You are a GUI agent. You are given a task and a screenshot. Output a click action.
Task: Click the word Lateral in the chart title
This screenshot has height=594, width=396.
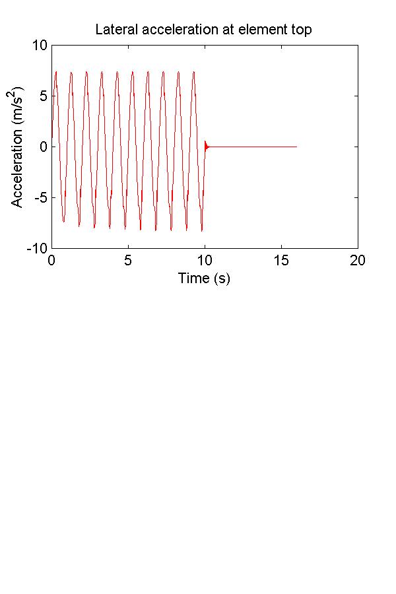114,30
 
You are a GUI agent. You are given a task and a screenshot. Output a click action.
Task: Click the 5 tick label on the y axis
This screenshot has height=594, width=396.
43,96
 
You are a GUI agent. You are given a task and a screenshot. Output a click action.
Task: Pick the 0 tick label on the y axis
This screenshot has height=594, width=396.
43,147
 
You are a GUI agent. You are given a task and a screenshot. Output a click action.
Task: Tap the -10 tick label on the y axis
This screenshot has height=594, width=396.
38,249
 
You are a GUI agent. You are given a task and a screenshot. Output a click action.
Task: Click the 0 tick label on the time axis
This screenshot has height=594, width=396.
51,261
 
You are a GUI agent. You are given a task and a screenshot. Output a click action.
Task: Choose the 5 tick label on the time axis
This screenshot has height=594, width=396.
128,261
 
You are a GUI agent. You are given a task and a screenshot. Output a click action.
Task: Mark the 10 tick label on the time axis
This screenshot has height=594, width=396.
205,261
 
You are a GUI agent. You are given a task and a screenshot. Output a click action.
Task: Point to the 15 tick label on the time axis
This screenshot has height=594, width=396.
281,261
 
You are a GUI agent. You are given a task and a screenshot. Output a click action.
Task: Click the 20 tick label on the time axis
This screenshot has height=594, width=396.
358,261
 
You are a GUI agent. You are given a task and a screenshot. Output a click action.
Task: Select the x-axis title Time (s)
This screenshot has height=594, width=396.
204,279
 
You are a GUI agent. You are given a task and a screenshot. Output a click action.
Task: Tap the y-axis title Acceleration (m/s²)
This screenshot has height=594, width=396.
18,147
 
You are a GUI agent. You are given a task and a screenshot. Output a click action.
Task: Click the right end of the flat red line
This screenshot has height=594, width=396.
296,147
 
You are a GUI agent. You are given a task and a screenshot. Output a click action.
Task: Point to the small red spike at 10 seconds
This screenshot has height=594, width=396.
205,143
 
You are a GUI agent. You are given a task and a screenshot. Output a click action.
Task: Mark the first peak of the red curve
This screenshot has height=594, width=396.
56,71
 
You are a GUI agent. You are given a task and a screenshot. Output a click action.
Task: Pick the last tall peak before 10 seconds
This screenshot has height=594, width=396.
194,71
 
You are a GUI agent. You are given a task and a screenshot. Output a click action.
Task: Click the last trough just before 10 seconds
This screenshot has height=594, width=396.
201,230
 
